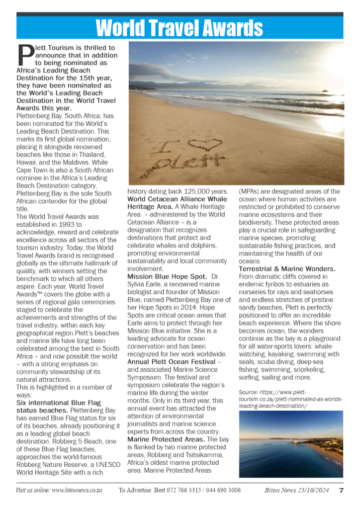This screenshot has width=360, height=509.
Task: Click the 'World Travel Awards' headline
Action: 180,28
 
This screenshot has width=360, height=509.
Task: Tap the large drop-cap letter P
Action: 25,56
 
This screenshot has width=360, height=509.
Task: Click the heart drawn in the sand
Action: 205,145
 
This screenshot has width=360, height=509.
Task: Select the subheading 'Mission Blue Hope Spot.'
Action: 167,276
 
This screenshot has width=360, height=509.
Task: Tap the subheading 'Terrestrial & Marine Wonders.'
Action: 287,268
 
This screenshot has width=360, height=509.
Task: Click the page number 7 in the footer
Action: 341,490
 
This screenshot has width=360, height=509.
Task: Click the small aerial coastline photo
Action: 290,444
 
